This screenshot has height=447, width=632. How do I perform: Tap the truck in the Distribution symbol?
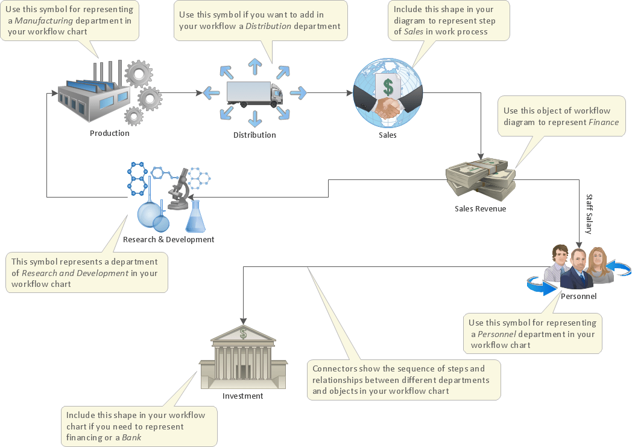pyautogui.click(x=254, y=94)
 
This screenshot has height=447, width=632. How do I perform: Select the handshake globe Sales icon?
pyautogui.click(x=387, y=94)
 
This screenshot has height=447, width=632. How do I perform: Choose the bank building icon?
pyautogui.click(x=243, y=356)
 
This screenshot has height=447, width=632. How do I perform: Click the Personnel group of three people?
pyautogui.click(x=578, y=268)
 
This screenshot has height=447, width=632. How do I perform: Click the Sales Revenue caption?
pyautogui.click(x=480, y=209)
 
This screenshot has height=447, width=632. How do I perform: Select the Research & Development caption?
pyautogui.click(x=168, y=239)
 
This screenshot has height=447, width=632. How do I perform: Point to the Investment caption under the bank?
pyautogui.click(x=242, y=396)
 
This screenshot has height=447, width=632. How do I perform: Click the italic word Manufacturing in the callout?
pyautogui.click(x=41, y=21)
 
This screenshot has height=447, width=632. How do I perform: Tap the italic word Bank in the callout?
pyautogui.click(x=131, y=437)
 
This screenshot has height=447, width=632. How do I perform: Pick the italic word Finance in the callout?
pyautogui.click(x=604, y=122)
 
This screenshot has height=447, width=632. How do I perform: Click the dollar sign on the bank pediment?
pyautogui.click(x=243, y=333)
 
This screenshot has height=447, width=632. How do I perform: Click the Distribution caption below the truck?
pyautogui.click(x=254, y=135)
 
